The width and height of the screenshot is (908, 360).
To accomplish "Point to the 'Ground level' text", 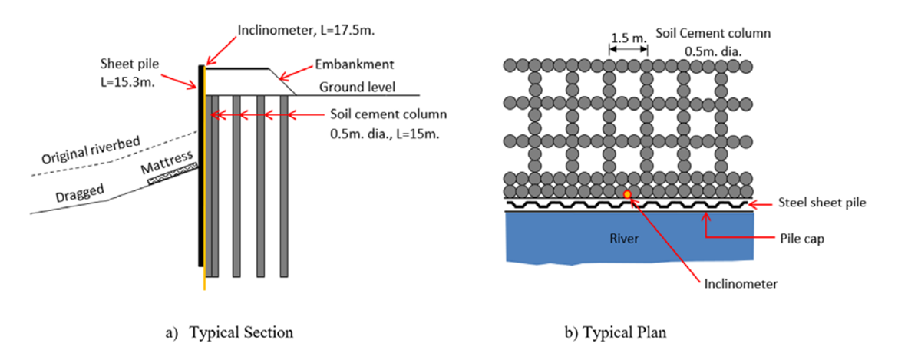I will [357, 88].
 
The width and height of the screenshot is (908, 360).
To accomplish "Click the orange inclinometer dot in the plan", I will [628, 194].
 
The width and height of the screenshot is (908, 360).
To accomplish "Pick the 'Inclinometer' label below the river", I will [741, 283].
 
